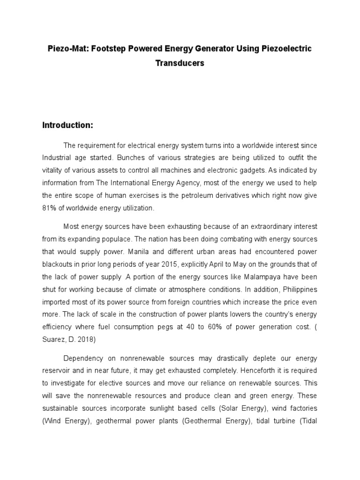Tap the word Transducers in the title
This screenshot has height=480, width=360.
180,63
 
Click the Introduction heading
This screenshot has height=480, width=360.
68,125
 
